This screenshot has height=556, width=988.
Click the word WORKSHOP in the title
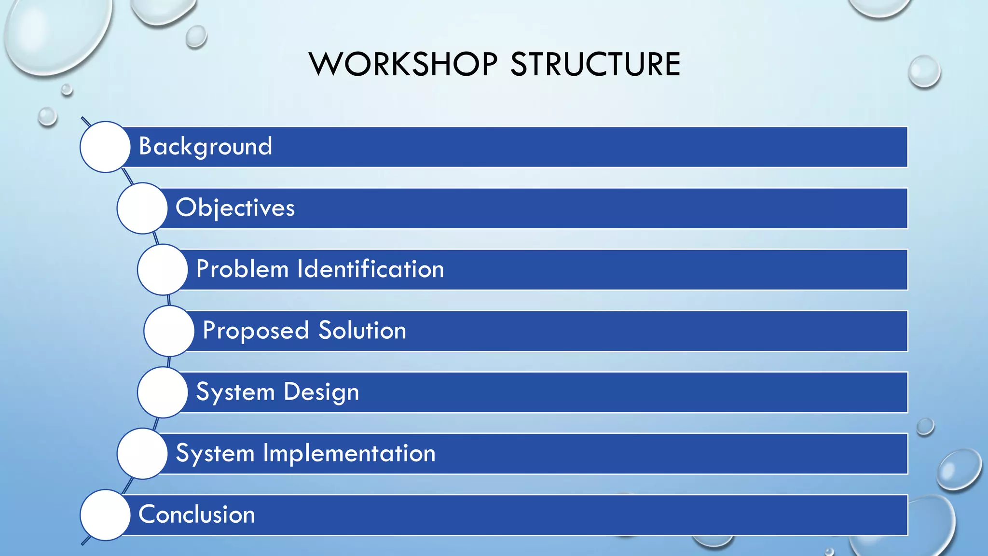pyautogui.click(x=403, y=64)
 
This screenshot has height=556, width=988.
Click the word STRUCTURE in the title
pyautogui.click(x=595, y=64)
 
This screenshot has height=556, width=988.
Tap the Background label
pyautogui.click(x=206, y=146)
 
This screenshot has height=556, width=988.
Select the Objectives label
pyautogui.click(x=235, y=208)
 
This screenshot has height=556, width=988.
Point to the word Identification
pyautogui.click(x=370, y=269)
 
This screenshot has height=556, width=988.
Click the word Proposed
pyautogui.click(x=256, y=331)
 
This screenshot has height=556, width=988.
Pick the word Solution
pyautogui.click(x=362, y=331)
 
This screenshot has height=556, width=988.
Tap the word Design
pyautogui.click(x=321, y=392)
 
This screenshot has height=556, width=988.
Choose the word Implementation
pyautogui.click(x=349, y=453)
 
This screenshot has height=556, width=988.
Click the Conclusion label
pyautogui.click(x=197, y=514)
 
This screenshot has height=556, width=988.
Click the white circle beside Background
pyautogui.click(x=105, y=147)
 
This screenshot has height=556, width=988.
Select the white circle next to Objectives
pyautogui.click(x=142, y=208)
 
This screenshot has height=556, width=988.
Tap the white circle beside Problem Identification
pyautogui.click(x=163, y=269)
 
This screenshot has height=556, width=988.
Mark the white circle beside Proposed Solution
pyautogui.click(x=169, y=331)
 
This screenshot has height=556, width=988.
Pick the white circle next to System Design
pyautogui.click(x=163, y=392)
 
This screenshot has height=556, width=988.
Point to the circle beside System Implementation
pyautogui.click(x=142, y=453)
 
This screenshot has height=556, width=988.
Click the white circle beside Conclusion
pyautogui.click(x=105, y=514)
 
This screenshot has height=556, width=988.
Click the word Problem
pyautogui.click(x=242, y=269)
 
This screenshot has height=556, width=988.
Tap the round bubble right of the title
pyautogui.click(x=924, y=71)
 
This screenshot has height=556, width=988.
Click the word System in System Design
pyautogui.click(x=235, y=392)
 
